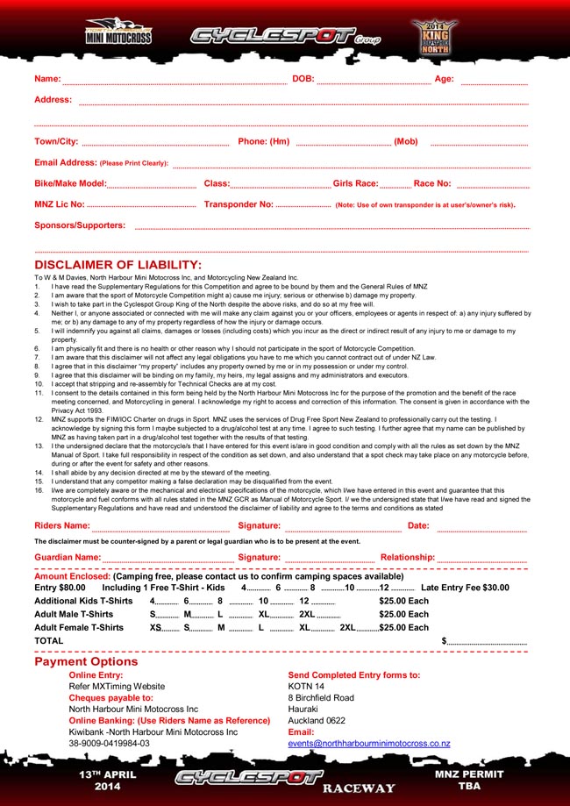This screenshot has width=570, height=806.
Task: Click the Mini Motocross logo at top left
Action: pos(118,33)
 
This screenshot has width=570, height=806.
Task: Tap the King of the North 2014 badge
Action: pos(434,36)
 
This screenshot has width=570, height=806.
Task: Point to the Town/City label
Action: pos(56,142)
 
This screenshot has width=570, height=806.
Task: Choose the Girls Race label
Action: pos(355,184)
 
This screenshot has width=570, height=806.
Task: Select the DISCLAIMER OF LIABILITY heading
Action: pos(118,265)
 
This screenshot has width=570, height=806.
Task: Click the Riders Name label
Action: pos(62,526)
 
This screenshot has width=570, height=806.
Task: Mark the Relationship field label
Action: pos(407,558)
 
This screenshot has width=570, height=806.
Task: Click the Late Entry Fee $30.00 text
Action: pos(465,588)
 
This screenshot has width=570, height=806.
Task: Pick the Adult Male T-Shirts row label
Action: pos(79,615)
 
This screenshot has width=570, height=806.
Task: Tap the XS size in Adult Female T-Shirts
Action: pos(155,628)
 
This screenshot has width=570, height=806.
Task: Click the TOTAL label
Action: pos(48,641)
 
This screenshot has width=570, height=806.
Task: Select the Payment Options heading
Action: pos(86,662)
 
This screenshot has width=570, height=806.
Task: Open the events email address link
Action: pos(369,744)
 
